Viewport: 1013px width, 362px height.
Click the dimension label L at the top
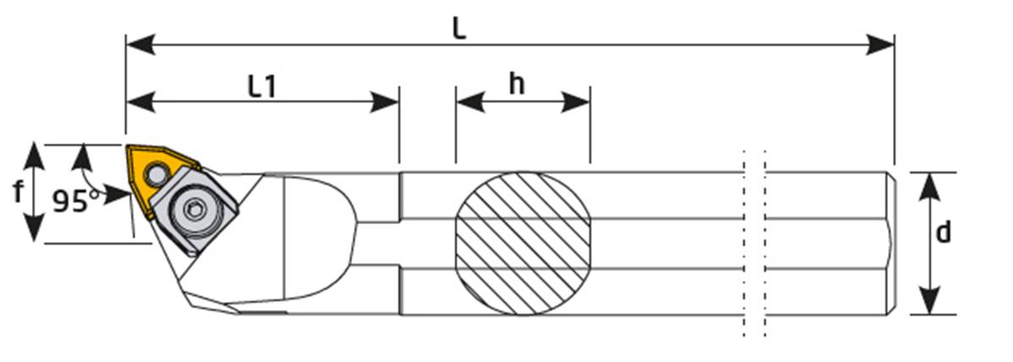tap(457, 28)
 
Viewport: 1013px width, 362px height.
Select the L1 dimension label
tap(262, 85)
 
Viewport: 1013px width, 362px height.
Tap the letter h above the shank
tap(517, 84)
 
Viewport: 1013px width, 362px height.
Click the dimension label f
tap(18, 193)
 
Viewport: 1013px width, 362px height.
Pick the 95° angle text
tap(75, 201)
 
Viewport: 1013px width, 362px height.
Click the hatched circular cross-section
tap(523, 243)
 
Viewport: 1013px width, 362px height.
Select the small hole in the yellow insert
tap(155, 174)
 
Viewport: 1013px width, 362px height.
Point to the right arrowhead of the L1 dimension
tap(390, 103)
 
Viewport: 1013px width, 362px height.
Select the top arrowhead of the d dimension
tap(929, 182)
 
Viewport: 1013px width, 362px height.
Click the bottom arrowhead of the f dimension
tap(33, 233)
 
